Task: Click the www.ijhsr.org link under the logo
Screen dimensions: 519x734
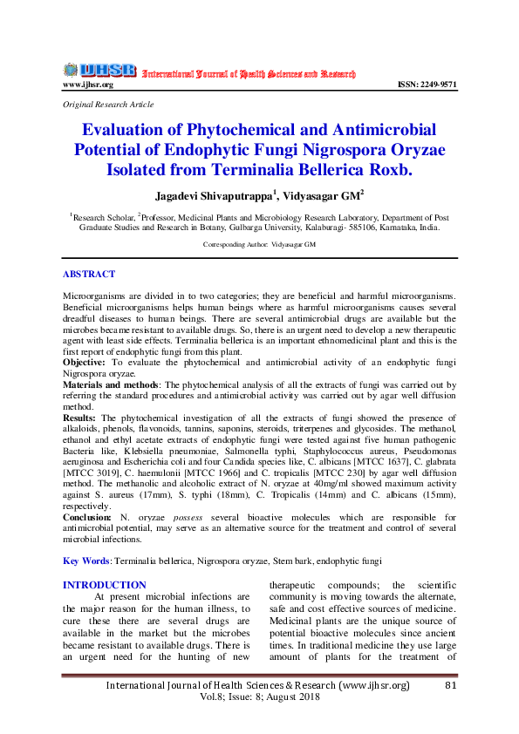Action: tap(87, 85)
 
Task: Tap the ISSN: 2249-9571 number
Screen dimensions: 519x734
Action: tap(427, 85)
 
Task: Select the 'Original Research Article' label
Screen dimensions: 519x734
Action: tap(108, 105)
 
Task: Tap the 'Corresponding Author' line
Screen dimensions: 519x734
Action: tap(259, 247)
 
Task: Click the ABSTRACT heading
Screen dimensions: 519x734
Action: tap(89, 274)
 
